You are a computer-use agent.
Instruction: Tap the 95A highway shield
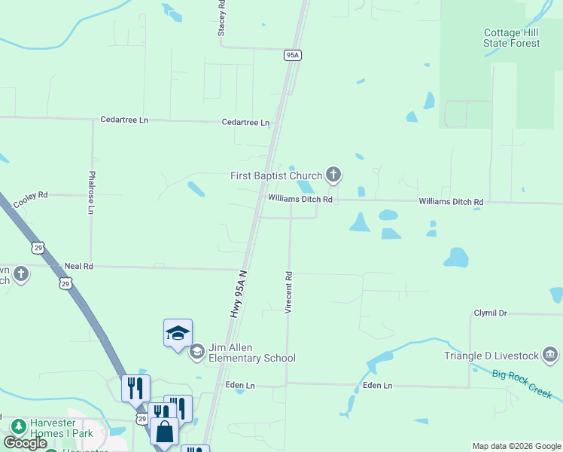294,55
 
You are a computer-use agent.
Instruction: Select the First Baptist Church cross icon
333,176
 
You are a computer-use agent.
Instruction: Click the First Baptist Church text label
275,176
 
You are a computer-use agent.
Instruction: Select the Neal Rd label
78,266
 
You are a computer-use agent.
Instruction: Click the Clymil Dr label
490,313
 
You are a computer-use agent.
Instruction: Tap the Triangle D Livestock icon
550,354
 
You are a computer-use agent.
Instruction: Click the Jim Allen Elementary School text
252,353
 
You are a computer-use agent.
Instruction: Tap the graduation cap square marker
178,332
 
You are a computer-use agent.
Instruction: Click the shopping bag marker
164,432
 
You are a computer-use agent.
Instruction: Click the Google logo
25,443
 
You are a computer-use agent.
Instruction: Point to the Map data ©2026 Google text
516,446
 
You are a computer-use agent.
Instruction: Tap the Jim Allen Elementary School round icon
197,351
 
